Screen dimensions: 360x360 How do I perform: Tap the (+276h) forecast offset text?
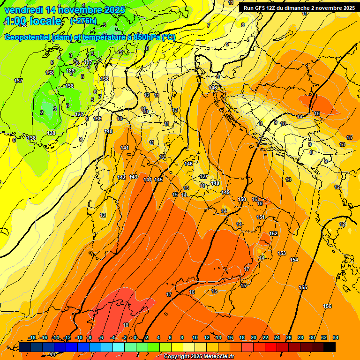click(x=83, y=21)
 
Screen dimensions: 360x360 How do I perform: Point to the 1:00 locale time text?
click(x=33, y=21)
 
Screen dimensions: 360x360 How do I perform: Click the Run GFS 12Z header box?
click(x=299, y=8)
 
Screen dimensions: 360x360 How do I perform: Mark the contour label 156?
click(x=327, y=306)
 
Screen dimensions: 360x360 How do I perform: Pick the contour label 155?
click(x=303, y=287)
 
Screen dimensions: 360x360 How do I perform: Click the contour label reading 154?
click(x=294, y=260)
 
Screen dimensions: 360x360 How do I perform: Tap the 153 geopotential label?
click(x=282, y=253)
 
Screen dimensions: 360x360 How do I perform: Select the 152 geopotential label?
click(x=273, y=233)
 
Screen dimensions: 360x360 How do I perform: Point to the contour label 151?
click(x=261, y=217)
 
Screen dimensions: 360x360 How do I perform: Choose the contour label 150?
click(x=242, y=200)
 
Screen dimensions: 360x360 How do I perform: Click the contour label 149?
click(x=225, y=193)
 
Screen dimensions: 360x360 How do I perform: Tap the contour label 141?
click(x=125, y=148)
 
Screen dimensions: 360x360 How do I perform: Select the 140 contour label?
click(x=108, y=132)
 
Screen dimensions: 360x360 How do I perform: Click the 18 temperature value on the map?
click(x=126, y=325)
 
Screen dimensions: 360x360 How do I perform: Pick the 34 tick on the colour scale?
click(x=335, y=337)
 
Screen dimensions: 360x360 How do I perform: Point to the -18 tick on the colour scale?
click(x=32, y=337)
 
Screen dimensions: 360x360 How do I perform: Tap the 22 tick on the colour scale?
click(x=265, y=337)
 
